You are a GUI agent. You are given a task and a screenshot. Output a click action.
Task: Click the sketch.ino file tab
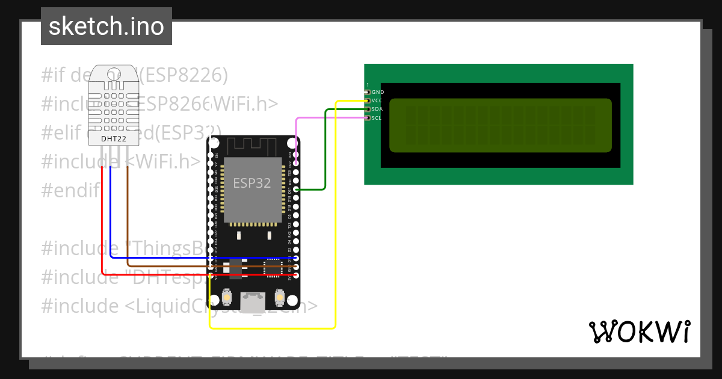[106, 26]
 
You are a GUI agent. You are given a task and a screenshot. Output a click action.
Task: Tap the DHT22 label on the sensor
[113, 139]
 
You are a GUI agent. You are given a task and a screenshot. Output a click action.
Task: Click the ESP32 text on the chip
[252, 183]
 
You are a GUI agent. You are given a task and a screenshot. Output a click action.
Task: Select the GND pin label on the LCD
[378, 92]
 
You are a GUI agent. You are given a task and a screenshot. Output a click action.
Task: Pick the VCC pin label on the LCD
[377, 100]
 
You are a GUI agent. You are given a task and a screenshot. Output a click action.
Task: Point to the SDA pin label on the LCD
[377, 109]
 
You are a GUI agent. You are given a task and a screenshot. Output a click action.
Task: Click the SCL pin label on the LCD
[377, 118]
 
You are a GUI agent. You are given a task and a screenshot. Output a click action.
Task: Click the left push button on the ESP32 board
[227, 297]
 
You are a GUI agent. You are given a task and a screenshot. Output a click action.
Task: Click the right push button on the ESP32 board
[280, 297]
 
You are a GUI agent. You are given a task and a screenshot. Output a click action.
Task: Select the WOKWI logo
[639, 331]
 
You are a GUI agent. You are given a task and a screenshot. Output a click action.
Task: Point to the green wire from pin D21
[325, 150]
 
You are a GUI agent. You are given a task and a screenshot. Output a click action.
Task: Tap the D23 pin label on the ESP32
[290, 155]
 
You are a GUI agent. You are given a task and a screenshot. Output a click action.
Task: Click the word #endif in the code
[70, 190]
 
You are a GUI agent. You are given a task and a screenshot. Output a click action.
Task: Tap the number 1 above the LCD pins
[368, 85]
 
